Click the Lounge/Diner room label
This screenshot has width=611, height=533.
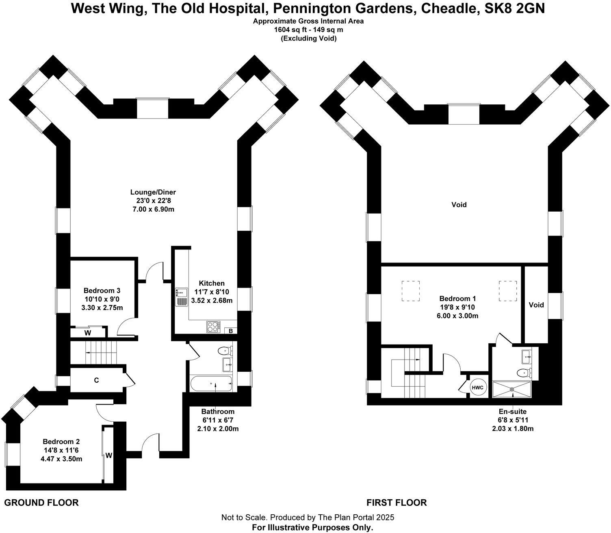(x=153, y=192)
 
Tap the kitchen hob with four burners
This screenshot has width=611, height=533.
(x=213, y=326)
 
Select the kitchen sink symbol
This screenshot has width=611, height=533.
(x=181, y=297)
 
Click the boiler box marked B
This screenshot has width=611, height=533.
(x=230, y=331)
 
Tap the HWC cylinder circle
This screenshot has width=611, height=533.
(x=479, y=387)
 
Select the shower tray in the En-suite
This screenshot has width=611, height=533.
(x=511, y=389)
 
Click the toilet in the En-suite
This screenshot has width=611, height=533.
(x=524, y=373)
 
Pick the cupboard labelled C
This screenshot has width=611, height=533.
(x=96, y=380)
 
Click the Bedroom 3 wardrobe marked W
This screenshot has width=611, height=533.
(x=88, y=332)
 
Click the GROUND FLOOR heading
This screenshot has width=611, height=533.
(x=41, y=503)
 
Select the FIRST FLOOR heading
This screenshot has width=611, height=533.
(x=396, y=503)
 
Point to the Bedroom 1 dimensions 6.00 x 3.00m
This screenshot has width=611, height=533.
(x=457, y=316)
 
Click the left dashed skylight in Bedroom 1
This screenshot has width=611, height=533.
(x=411, y=291)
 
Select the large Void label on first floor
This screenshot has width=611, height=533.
(x=459, y=204)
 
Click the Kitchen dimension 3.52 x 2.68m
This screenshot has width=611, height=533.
(x=212, y=300)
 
